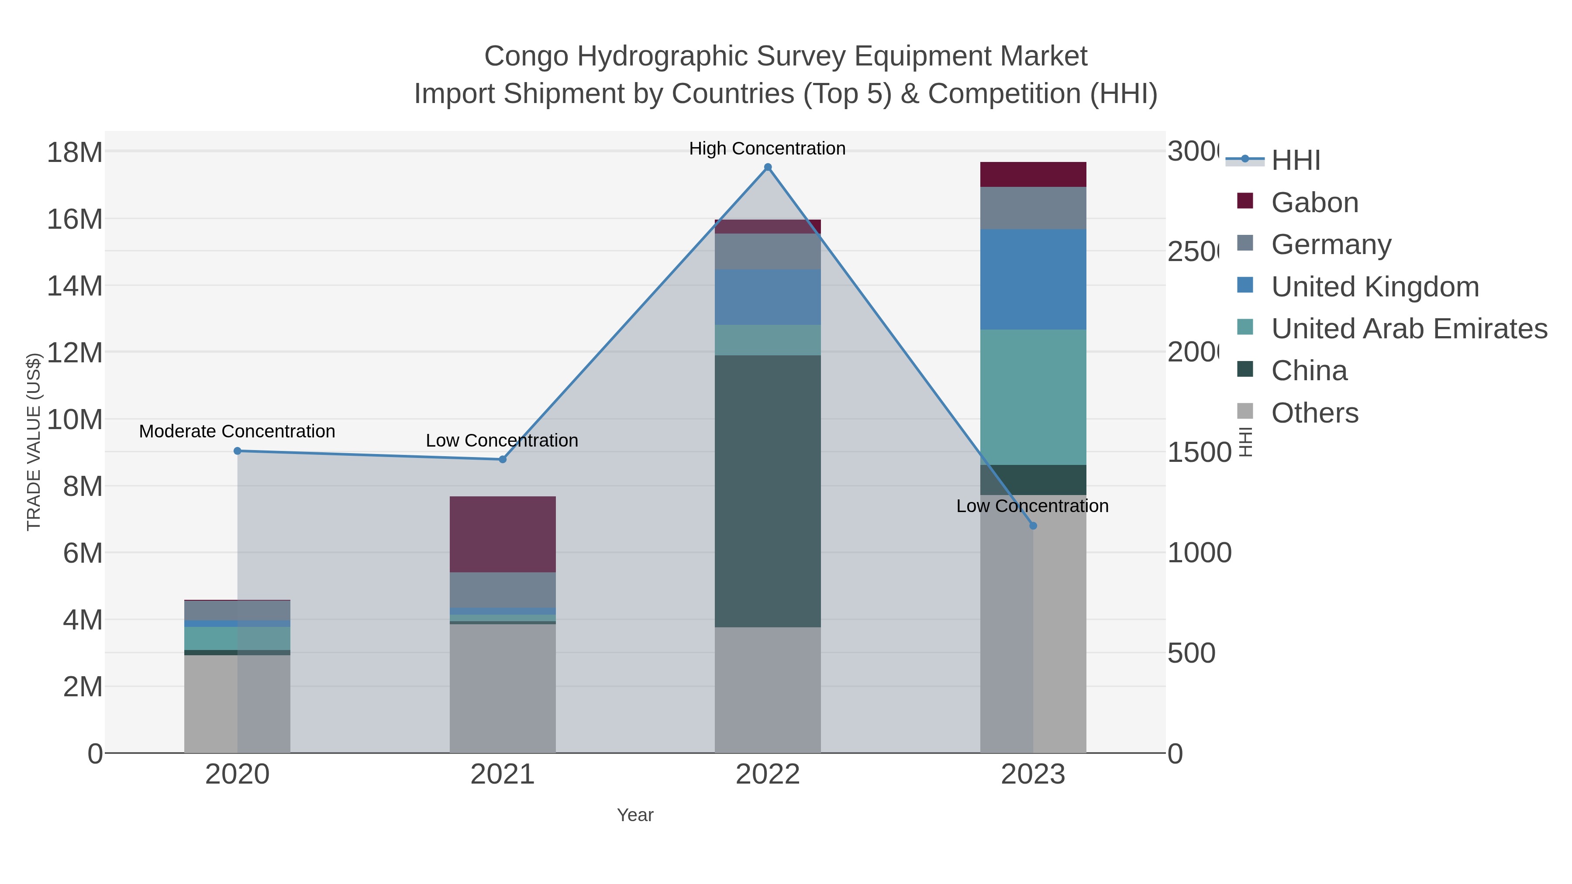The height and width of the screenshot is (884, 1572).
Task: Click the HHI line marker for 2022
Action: tap(768, 168)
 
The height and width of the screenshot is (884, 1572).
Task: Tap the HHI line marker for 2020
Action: tap(238, 451)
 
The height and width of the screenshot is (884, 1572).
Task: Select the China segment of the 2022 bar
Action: tap(768, 491)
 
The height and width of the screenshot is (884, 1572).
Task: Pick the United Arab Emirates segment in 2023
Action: tap(1033, 397)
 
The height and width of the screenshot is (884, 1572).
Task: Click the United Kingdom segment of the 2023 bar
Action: tap(1033, 279)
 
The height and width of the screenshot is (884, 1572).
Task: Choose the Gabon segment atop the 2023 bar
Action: tap(1033, 175)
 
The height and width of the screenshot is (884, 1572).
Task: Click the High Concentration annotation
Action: tap(767, 148)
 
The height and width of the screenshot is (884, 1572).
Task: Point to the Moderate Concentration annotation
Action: tap(237, 431)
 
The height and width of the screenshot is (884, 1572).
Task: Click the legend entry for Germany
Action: tap(1331, 244)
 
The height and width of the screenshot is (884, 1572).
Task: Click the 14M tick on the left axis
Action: tap(74, 285)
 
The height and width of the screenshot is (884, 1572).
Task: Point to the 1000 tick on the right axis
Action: tap(1199, 553)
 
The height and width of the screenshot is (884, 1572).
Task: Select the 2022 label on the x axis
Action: tap(768, 775)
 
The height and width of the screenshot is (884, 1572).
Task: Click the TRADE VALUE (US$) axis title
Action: tap(34, 442)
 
